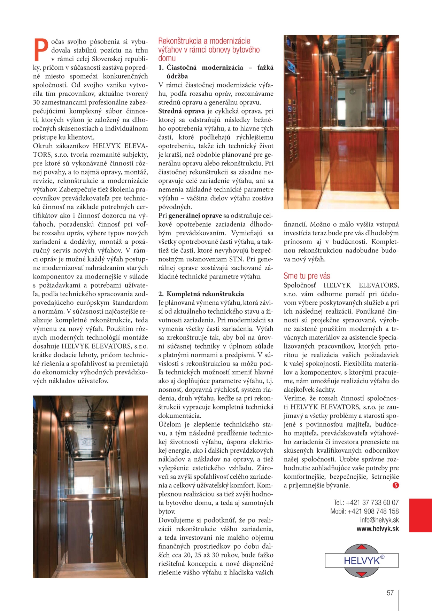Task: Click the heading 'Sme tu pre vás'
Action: coord(307,276)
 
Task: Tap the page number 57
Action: coord(390,593)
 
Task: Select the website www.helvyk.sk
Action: coord(378,529)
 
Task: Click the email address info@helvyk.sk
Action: coord(379,520)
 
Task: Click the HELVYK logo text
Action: coord(361,561)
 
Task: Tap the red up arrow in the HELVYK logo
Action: coord(362,547)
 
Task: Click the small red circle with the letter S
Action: coord(395,485)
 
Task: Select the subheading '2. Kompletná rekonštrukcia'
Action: coord(201,294)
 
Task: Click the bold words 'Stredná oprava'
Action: coord(182,111)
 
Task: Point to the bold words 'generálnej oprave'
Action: coord(195,216)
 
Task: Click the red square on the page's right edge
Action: coord(421,515)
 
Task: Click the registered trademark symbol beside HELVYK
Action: coord(382,557)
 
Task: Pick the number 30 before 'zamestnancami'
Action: coord(36,103)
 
